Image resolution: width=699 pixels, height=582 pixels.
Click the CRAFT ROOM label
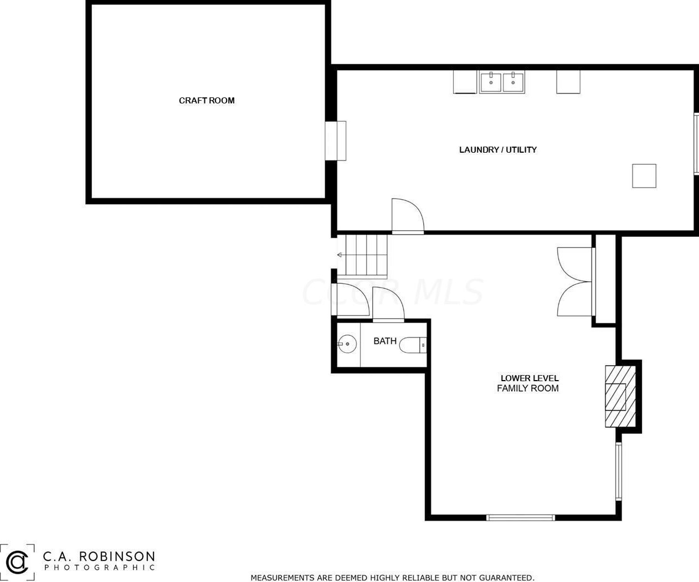click(x=207, y=100)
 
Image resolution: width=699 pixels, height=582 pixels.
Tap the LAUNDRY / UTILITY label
click(x=498, y=149)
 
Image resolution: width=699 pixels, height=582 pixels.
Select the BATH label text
click(x=385, y=341)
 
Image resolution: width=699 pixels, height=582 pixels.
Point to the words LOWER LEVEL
click(x=530, y=378)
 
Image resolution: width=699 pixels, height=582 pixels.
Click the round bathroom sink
click(x=347, y=344)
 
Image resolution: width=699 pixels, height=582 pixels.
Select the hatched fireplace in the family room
click(x=620, y=396)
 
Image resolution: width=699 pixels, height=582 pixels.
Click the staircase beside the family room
click(x=362, y=256)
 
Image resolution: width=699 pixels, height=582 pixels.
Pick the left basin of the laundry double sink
click(x=490, y=82)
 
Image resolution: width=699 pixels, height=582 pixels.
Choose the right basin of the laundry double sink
click(x=513, y=82)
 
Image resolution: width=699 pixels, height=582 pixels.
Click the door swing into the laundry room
click(x=408, y=215)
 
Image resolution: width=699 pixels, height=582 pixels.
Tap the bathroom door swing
click(x=388, y=304)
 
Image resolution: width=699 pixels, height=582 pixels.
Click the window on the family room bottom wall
click(x=521, y=518)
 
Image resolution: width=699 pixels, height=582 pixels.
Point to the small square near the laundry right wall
click(x=644, y=176)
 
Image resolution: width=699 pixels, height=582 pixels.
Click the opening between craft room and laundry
click(x=336, y=141)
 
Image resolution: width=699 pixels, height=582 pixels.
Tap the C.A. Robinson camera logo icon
click(x=17, y=563)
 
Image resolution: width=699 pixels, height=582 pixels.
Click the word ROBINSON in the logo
click(x=117, y=557)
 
